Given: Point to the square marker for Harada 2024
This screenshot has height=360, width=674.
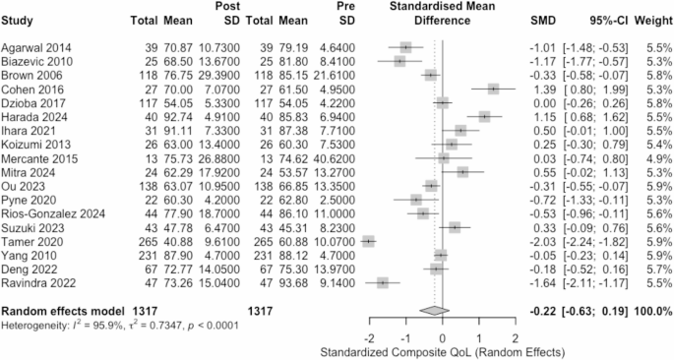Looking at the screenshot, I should coord(485,116).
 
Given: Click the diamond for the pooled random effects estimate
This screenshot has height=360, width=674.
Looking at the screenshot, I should coord(431,310).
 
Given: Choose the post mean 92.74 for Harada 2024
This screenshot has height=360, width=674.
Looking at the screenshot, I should coord(176,116).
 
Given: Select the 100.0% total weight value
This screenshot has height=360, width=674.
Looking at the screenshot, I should coord(647,310).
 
